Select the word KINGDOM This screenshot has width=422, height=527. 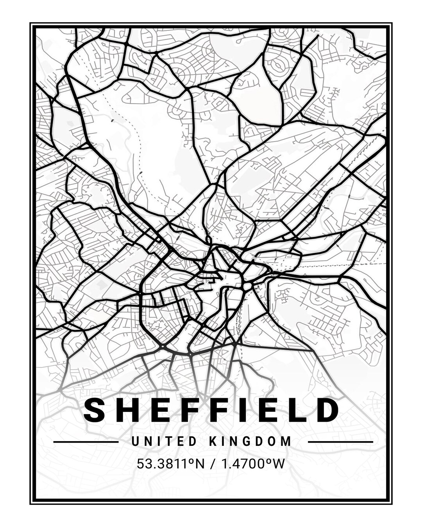pyautogui.click(x=250, y=442)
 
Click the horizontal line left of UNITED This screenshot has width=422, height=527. pyautogui.click(x=86, y=442)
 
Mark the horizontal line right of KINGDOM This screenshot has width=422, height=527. pyautogui.click(x=340, y=442)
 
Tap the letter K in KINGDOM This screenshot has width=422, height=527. pyautogui.click(x=213, y=442)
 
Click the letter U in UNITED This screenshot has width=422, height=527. pyautogui.click(x=135, y=442)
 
